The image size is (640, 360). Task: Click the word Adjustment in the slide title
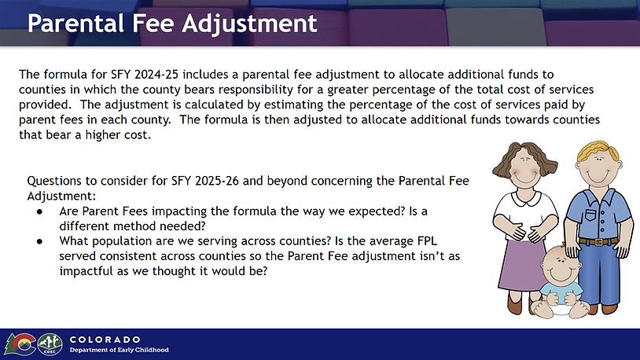point(249,24)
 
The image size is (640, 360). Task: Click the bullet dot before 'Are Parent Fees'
point(39,211)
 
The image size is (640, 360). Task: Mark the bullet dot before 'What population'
point(39,241)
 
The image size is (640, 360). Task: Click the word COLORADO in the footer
point(105,340)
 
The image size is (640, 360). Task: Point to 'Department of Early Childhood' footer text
point(120,350)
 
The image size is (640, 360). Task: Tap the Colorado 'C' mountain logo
point(20,344)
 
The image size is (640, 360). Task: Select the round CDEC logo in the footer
point(50,344)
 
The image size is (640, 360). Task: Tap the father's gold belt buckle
point(599,242)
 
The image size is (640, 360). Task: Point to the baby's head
point(560,265)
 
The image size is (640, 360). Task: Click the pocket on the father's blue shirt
point(590,215)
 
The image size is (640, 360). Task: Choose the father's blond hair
point(599,150)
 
